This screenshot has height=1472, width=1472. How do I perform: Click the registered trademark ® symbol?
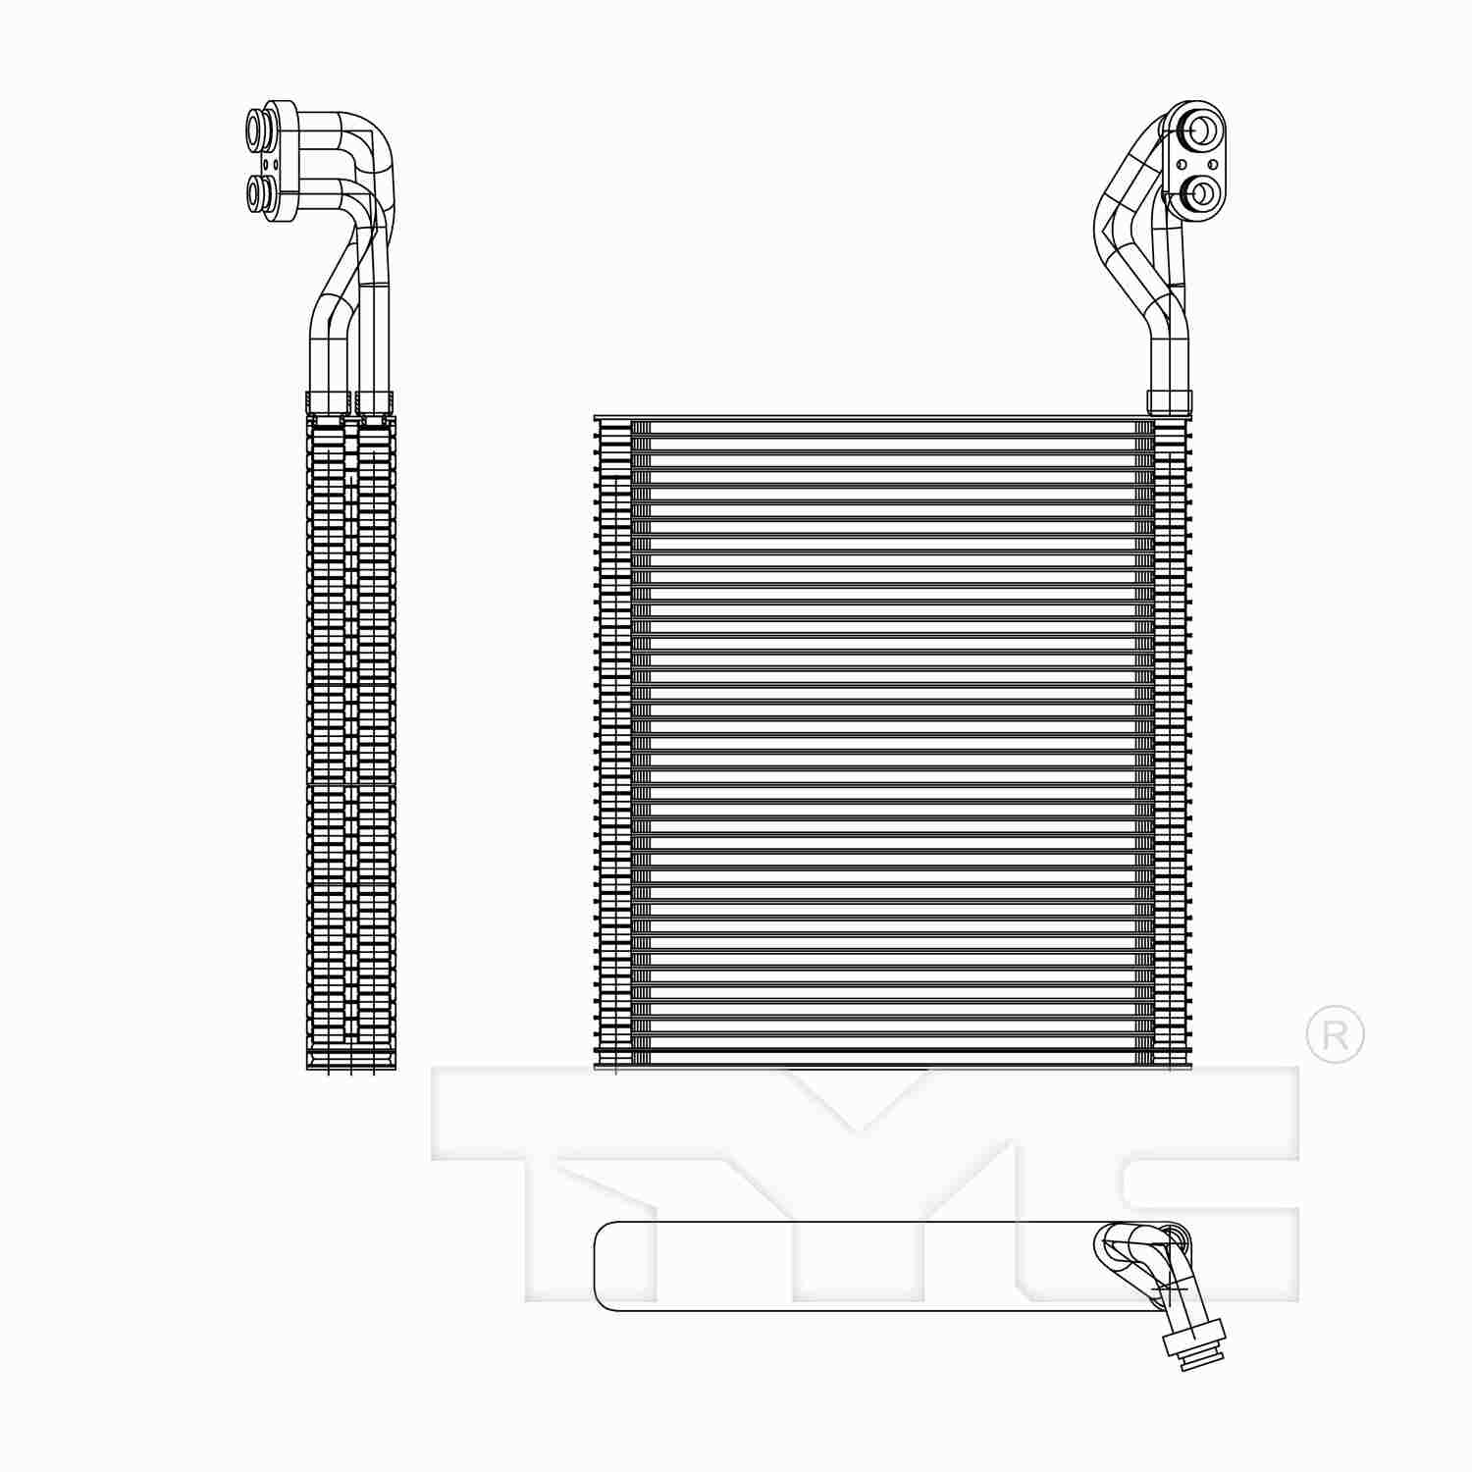1335,1033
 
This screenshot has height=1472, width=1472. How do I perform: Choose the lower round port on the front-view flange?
1200,193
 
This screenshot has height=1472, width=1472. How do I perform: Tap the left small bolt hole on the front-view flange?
1182,164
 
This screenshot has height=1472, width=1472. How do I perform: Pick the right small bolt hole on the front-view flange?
1214,164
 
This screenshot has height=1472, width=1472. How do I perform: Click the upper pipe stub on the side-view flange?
257,127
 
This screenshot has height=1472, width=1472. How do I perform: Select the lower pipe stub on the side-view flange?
257,191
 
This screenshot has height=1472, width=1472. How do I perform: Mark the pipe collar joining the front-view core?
1170,401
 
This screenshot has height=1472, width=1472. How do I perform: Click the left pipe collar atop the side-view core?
328,401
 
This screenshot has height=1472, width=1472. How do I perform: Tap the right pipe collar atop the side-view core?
374,401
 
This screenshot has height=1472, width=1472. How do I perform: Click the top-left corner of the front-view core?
597,420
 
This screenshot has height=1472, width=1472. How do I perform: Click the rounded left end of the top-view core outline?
599,1266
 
